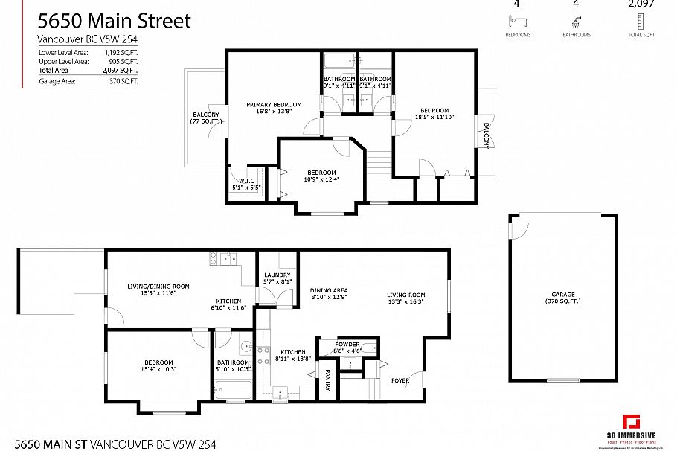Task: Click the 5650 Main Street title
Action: [113, 21]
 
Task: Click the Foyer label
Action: [400, 380]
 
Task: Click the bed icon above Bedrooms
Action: [517, 22]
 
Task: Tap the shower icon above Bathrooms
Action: [576, 22]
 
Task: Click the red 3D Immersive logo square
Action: [632, 421]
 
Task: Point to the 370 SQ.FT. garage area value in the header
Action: [123, 80]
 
